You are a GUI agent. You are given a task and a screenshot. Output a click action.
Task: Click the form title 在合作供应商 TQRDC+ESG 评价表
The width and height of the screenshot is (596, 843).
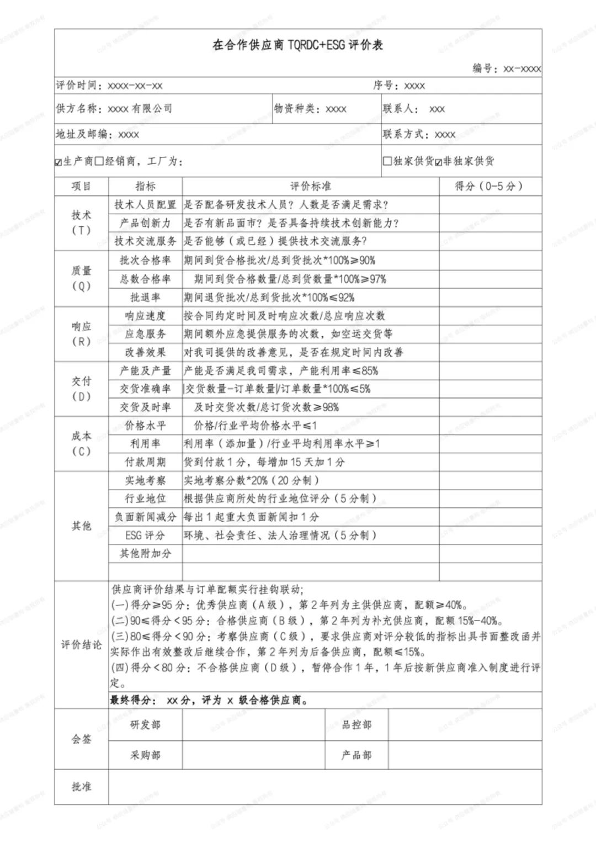coord(297,45)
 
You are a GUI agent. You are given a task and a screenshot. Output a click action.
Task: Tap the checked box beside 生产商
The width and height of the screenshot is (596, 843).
coord(58,162)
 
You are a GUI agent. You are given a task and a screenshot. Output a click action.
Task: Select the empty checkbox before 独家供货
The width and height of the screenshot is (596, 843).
coord(387,161)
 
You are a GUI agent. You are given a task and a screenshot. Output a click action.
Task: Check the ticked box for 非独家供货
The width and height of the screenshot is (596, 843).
coord(439,162)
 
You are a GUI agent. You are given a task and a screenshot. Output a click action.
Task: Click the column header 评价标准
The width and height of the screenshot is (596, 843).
coord(311,186)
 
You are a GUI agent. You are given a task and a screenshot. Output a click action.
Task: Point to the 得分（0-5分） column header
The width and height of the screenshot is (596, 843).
coord(489,186)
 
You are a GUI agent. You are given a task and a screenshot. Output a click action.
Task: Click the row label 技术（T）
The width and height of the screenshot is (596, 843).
coord(81,222)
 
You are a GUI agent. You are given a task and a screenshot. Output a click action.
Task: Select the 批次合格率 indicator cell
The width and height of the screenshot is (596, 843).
coord(145,260)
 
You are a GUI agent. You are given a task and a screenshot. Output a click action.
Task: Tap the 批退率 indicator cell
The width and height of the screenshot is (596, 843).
coord(145,297)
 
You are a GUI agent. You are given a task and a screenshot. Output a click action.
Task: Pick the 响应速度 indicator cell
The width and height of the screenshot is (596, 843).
coord(145,316)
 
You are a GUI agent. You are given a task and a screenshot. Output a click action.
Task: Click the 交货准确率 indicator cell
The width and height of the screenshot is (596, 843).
coord(145,389)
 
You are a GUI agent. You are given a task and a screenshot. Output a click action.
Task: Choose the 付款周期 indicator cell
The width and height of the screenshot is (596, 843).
coord(145,462)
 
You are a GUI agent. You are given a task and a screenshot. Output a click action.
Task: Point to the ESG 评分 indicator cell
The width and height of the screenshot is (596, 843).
coord(145,535)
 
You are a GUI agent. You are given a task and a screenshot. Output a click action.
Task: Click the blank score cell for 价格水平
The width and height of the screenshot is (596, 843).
coord(490,426)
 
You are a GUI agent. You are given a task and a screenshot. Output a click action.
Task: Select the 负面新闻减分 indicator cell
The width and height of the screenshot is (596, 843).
coord(145,517)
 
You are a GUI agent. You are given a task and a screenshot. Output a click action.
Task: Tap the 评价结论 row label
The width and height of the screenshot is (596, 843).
coord(81,644)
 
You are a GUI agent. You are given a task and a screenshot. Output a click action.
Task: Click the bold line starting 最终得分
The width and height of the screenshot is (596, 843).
coord(210,700)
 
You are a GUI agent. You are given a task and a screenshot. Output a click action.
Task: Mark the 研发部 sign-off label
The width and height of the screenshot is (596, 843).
coord(145,724)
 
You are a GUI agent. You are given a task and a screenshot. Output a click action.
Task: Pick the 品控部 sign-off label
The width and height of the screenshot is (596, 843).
coord(356,724)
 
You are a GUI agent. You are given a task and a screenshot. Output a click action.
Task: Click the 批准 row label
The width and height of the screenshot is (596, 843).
coord(81,786)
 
